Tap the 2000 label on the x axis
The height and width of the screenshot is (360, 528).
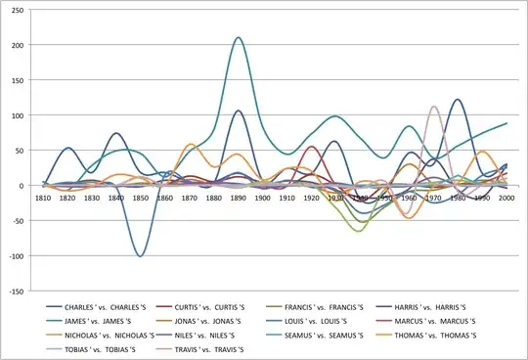tap(506, 199)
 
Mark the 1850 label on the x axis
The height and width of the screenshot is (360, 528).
tap(141, 199)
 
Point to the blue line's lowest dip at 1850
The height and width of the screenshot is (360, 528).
tap(141, 256)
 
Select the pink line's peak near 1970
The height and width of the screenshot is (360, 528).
tap(433, 107)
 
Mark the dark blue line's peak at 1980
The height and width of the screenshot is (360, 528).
tap(458, 100)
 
